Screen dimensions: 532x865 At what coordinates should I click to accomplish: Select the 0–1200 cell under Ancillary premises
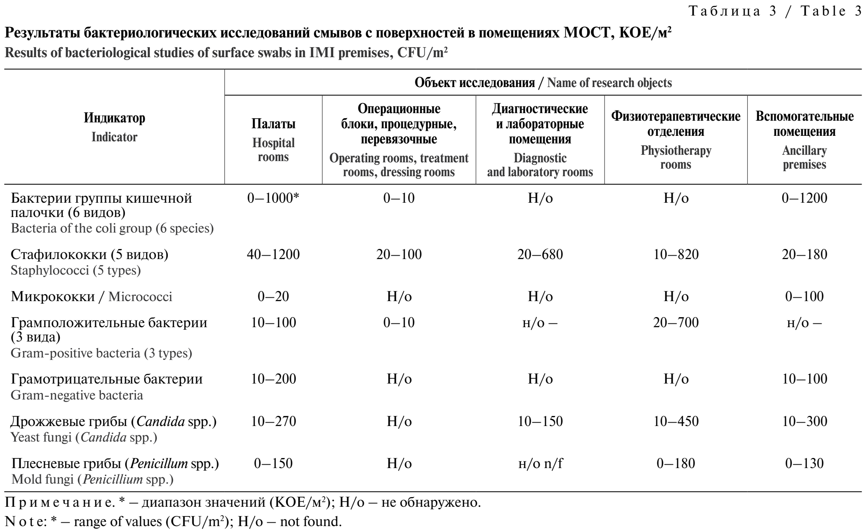click(804, 198)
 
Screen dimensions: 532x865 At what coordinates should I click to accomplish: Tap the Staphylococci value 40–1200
click(273, 254)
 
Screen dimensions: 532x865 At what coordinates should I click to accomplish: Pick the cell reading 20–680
click(540, 254)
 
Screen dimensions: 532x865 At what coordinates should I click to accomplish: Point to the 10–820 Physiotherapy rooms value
click(676, 254)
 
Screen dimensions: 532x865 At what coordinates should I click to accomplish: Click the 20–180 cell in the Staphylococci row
click(804, 254)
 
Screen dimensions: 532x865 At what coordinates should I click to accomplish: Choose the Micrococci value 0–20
click(273, 296)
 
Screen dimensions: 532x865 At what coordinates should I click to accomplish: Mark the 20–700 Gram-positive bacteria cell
click(676, 323)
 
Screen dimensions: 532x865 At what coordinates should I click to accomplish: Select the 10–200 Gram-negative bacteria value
click(273, 379)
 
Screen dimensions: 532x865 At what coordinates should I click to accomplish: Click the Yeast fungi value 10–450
click(676, 421)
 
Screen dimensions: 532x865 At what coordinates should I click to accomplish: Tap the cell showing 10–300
click(804, 421)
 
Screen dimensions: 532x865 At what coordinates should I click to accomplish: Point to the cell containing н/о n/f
click(540, 463)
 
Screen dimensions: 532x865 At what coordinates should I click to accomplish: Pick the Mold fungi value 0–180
click(676, 463)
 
